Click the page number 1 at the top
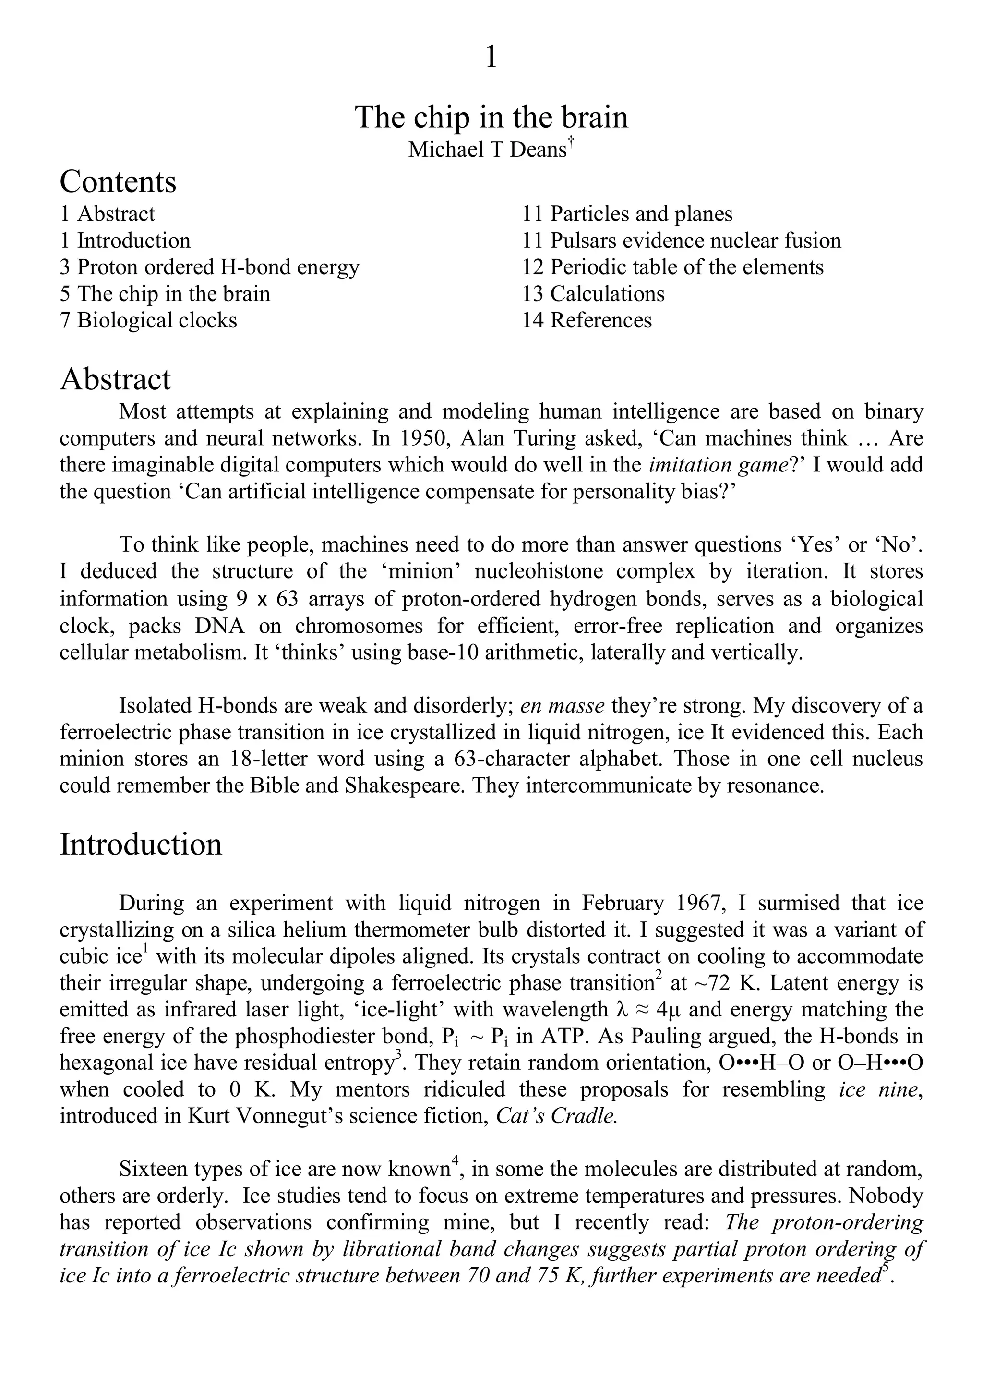[x=491, y=58]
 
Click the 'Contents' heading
[x=118, y=181]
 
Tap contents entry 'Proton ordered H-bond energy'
[x=209, y=267]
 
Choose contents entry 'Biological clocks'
[x=148, y=320]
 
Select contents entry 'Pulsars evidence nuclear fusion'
[x=682, y=241]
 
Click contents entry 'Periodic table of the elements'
[x=672, y=267]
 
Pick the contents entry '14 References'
[x=587, y=320]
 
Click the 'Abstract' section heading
[x=115, y=380]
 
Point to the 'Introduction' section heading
[x=141, y=845]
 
